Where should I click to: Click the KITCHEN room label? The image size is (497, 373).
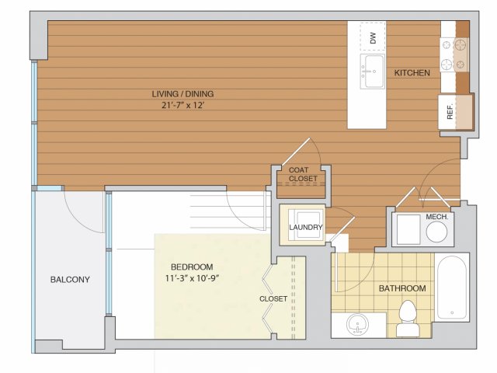tap(412, 73)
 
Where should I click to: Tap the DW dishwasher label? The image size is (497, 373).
tap(373, 38)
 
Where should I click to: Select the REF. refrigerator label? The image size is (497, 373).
tap(450, 111)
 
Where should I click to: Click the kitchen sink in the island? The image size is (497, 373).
tap(372, 71)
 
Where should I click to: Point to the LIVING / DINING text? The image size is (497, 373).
tap(182, 94)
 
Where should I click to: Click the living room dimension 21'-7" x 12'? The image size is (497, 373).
tap(182, 106)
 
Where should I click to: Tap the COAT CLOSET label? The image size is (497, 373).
tap(303, 174)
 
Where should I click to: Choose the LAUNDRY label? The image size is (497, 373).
tap(305, 227)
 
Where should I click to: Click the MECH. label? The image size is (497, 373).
tap(436, 217)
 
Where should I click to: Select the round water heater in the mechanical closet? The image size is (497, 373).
tap(436, 232)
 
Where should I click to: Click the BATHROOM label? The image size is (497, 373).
tap(402, 288)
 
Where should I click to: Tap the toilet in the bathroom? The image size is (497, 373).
tap(407, 318)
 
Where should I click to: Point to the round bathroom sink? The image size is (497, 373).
tap(358, 324)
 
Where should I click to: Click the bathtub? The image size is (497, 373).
tap(452, 288)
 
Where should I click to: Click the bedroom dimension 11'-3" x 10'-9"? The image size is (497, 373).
tap(192, 278)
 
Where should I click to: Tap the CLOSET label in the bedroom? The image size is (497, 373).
tap(273, 298)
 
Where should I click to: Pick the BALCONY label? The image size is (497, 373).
tap(70, 280)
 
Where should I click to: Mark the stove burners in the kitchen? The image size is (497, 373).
tap(454, 54)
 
